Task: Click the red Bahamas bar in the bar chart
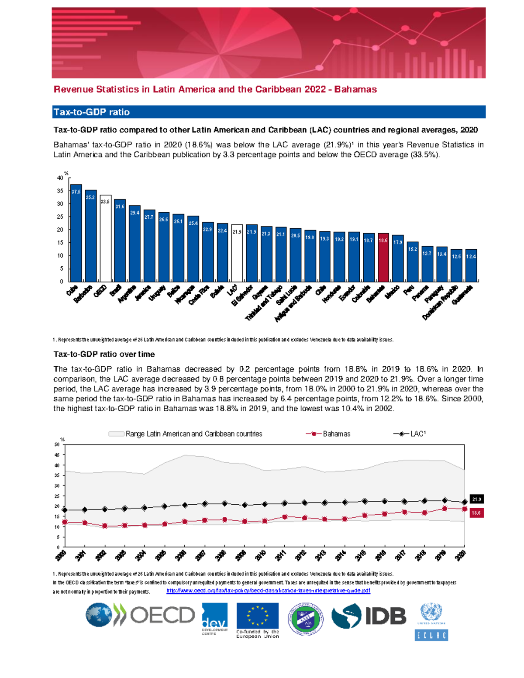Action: pyautogui.click(x=383, y=258)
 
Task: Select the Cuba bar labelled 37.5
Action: pyautogui.click(x=76, y=233)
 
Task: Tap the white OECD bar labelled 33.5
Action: pyautogui.click(x=105, y=238)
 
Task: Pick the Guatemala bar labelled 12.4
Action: pyautogui.click(x=471, y=265)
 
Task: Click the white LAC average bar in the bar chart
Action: pyautogui.click(x=237, y=253)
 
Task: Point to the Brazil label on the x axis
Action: pyautogui.click(x=116, y=291)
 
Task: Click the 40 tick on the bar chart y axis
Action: pyautogui.click(x=60, y=178)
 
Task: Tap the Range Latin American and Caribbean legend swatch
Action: pyautogui.click(x=116, y=434)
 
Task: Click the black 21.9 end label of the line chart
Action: pyautogui.click(x=476, y=499)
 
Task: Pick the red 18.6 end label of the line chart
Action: pyautogui.click(x=476, y=513)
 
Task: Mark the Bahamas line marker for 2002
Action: pyautogui.click(x=105, y=526)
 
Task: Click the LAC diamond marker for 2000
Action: pyautogui.click(x=65, y=510)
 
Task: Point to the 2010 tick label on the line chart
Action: pyautogui.click(x=261, y=556)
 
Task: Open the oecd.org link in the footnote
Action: pyautogui.click(x=268, y=591)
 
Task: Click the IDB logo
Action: pyautogui.click(x=369, y=616)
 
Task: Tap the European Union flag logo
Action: pyautogui.click(x=257, y=616)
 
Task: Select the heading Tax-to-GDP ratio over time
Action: pyautogui.click(x=104, y=354)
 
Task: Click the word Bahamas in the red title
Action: pyautogui.click(x=355, y=89)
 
